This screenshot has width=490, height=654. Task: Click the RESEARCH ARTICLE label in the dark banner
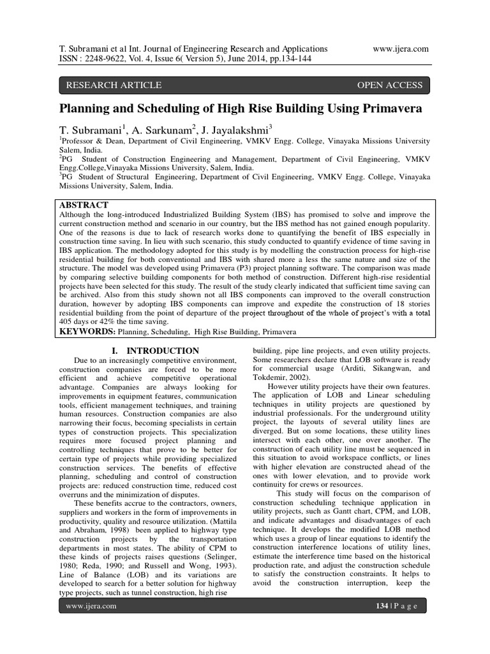(114, 85)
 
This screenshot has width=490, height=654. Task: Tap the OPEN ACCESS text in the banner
(389, 85)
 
